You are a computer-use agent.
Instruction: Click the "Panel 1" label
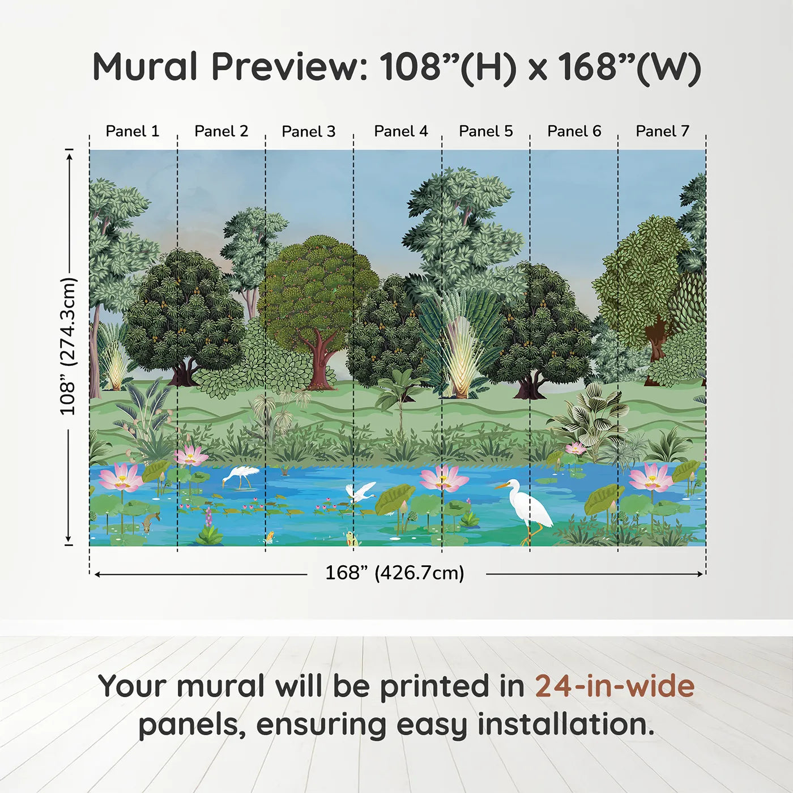(133, 131)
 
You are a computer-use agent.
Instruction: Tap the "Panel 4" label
(400, 131)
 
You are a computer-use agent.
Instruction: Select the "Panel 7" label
(662, 131)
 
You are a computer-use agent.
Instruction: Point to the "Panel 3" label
(308, 131)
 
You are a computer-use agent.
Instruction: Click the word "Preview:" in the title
(289, 67)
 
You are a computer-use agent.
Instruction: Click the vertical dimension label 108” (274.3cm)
(68, 346)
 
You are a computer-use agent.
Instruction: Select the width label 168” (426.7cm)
(394, 573)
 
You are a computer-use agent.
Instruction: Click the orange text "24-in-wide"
(615, 686)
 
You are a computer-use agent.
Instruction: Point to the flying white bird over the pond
(360, 492)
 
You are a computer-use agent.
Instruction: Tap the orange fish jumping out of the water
(270, 536)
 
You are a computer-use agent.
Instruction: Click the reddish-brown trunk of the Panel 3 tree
(321, 363)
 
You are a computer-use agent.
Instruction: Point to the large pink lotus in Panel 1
(121, 477)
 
